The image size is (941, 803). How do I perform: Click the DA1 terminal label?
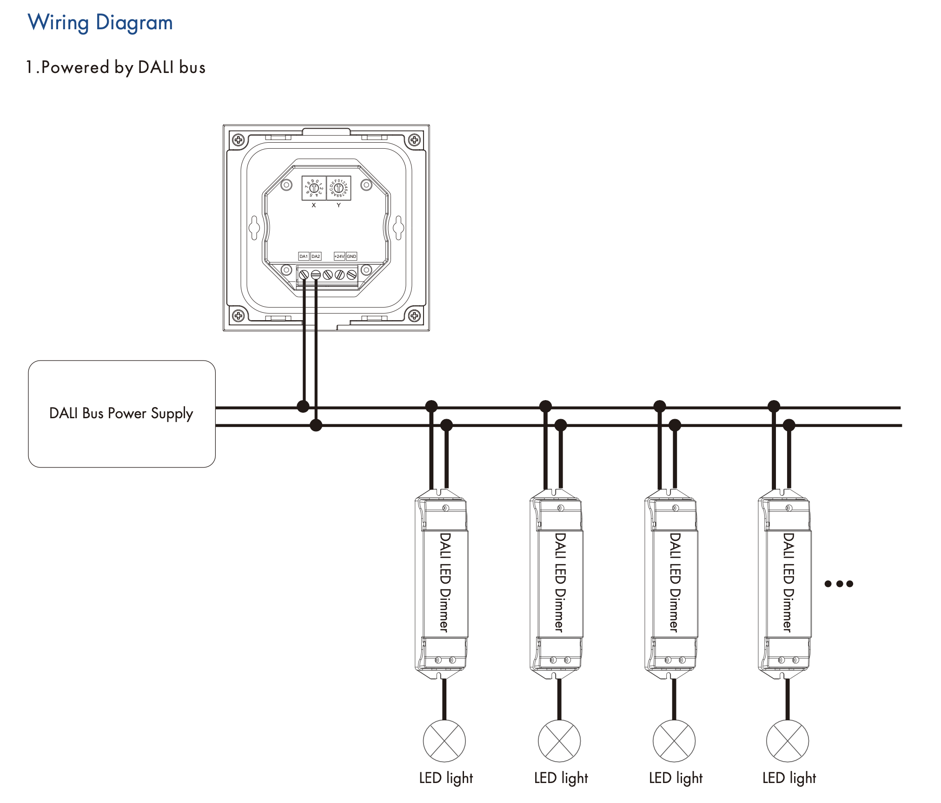click(x=303, y=256)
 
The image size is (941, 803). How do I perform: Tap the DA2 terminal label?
click(x=316, y=256)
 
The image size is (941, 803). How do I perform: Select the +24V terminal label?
click(x=339, y=256)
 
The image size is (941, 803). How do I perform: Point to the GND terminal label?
click(x=351, y=256)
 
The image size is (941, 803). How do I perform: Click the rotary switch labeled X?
click(x=314, y=188)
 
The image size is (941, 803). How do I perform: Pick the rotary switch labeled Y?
click(x=339, y=188)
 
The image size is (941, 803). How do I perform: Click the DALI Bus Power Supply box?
click(x=121, y=414)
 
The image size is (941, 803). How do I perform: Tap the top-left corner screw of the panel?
click(x=238, y=139)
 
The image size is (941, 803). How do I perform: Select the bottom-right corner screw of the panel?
click(x=414, y=316)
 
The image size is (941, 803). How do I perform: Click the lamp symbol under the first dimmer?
click(x=444, y=741)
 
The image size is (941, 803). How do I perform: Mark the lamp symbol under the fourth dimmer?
click(x=788, y=741)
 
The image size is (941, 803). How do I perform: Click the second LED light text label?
click(x=561, y=778)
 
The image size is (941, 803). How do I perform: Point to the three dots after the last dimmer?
click(x=839, y=584)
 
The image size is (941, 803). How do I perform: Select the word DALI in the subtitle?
click(x=156, y=67)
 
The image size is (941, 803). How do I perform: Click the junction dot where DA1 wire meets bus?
click(x=303, y=407)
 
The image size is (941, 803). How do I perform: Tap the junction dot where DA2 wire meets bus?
click(x=316, y=425)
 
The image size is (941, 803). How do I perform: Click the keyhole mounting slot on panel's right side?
click(x=398, y=227)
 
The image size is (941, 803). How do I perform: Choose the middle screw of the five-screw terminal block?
click(x=327, y=275)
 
